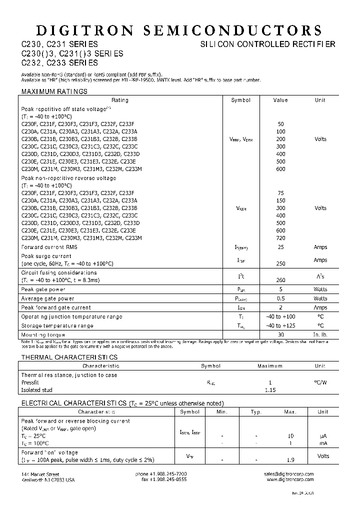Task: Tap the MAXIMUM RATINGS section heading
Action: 54,91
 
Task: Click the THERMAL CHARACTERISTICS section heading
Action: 69,357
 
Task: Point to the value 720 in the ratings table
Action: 280,238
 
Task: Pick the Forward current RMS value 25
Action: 280,247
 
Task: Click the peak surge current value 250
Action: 280,263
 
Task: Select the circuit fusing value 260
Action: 280,280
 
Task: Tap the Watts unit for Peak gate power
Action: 320,289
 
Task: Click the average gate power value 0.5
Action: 280,298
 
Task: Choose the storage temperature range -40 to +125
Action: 280,326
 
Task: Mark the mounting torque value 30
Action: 280,335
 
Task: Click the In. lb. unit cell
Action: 320,335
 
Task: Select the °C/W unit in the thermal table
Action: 320,382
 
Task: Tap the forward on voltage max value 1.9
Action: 290,459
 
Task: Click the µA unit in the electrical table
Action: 323,436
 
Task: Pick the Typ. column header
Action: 256,412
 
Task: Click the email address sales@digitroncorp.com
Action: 289,473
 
